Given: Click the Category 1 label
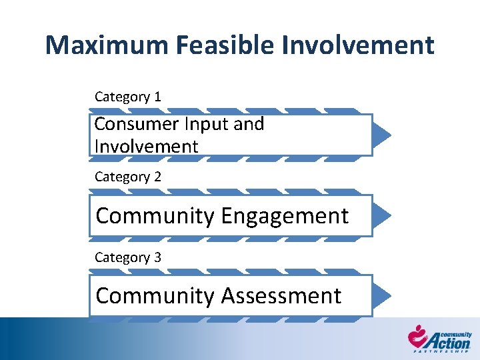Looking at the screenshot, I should (x=128, y=97).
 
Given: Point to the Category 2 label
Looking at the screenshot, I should (x=128, y=177).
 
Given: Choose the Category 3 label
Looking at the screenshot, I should (x=128, y=257).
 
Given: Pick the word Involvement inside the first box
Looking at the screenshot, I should (x=147, y=146).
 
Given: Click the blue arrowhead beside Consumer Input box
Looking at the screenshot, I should (x=382, y=135).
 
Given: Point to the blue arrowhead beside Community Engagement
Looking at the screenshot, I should (x=382, y=215).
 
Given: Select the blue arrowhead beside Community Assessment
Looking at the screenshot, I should (x=382, y=295).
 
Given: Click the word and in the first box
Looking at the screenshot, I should (x=249, y=124).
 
